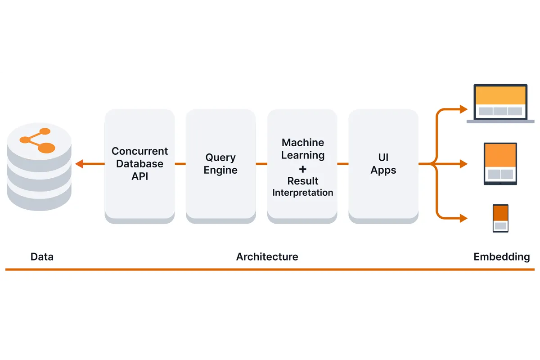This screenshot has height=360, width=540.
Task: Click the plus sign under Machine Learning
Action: pyautogui.click(x=303, y=169)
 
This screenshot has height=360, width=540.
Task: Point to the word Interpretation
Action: pyautogui.click(x=303, y=193)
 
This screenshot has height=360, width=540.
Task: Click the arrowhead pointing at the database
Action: pyautogui.click(x=80, y=164)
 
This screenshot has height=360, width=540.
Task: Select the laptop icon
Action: pyautogui.click(x=500, y=103)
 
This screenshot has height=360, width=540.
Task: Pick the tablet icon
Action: pyautogui.click(x=500, y=164)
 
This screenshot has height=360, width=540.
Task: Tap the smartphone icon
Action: pyautogui.click(x=500, y=218)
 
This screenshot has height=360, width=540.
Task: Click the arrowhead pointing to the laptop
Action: pyautogui.click(x=463, y=109)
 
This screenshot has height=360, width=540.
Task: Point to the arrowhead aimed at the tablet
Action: pyautogui.click(x=463, y=164)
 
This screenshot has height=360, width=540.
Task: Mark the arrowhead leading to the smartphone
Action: pyautogui.click(x=463, y=219)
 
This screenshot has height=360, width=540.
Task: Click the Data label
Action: pyautogui.click(x=42, y=257)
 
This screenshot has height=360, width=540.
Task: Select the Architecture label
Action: pyautogui.click(x=267, y=257)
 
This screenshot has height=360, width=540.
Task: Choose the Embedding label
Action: pyautogui.click(x=502, y=257)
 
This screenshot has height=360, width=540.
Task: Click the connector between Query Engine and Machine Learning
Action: pyautogui.click(x=261, y=164)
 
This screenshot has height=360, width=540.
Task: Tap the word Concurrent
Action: pyautogui.click(x=139, y=151)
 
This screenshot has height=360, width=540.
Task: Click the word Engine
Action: pyautogui.click(x=220, y=170)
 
